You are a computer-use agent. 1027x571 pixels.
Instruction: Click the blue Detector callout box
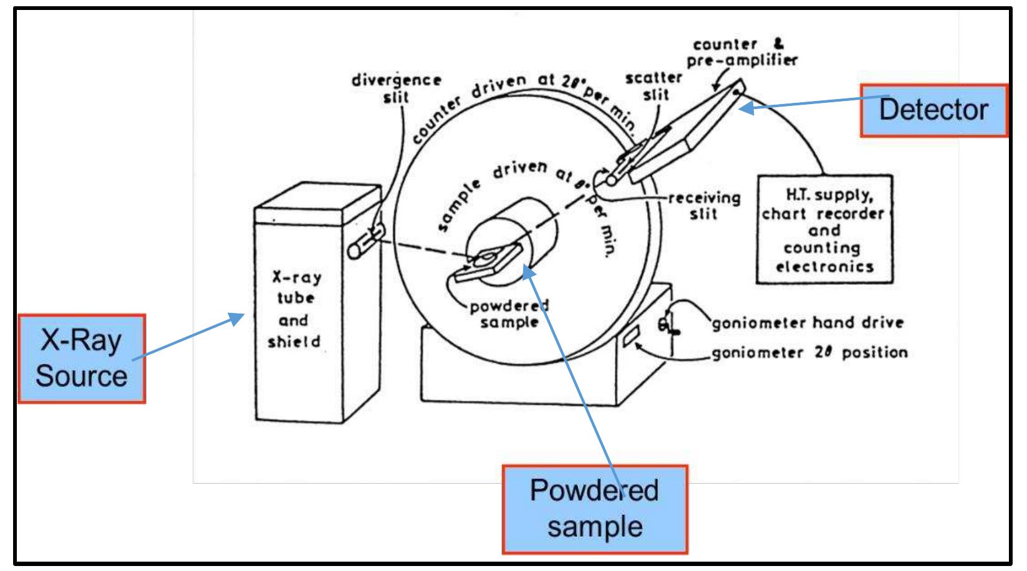pyautogui.click(x=933, y=110)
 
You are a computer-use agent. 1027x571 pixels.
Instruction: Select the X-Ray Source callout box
pyautogui.click(x=81, y=358)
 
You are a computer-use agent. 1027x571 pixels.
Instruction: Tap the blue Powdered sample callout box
pyautogui.click(x=594, y=509)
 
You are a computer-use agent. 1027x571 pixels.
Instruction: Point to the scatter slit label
pyautogui.click(x=653, y=87)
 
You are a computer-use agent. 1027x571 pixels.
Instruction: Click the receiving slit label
pyautogui.click(x=704, y=206)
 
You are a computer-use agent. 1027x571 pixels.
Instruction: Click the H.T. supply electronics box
pyautogui.click(x=824, y=230)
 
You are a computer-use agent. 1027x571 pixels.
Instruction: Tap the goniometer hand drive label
pyautogui.click(x=808, y=323)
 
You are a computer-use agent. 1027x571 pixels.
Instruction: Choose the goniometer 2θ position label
pyautogui.click(x=809, y=353)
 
